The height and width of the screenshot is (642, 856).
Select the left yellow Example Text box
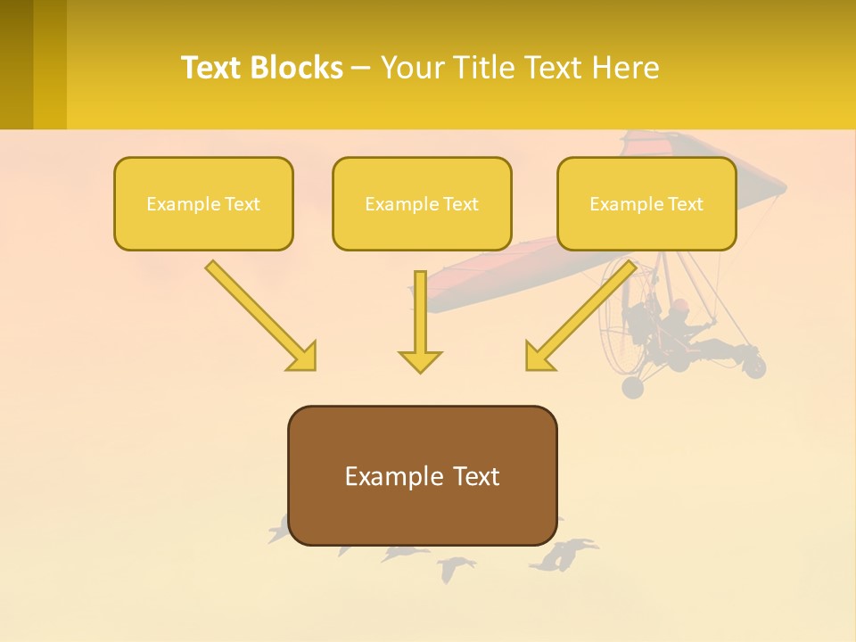coord(203,203)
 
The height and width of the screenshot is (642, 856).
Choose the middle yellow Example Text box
coord(422,203)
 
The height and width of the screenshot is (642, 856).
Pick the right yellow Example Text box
coord(646,203)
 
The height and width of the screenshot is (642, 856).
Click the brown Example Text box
coord(422,475)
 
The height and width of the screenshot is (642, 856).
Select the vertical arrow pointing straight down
coord(420,321)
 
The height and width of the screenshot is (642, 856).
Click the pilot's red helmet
coord(680,306)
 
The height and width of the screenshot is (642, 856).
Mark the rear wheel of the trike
coord(632,387)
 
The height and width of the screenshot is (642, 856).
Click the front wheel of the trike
coord(755,366)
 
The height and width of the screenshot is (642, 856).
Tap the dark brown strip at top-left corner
coord(16,64)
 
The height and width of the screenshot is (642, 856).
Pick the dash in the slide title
coord(361,68)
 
